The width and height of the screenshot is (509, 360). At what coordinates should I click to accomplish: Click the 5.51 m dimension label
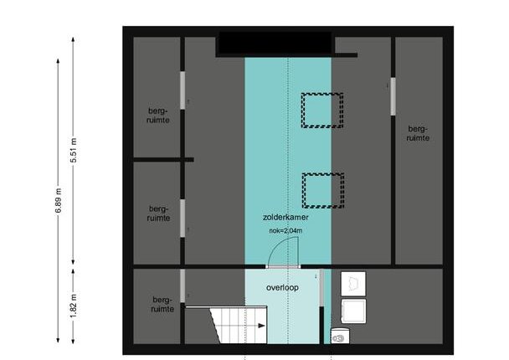click(x=74, y=151)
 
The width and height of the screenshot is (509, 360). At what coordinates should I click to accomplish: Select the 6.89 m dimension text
click(x=58, y=201)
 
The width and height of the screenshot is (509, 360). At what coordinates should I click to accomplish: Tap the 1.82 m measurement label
click(x=74, y=306)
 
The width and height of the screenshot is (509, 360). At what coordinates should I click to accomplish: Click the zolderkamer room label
click(x=285, y=217)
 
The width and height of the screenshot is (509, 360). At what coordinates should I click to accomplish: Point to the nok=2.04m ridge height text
click(x=285, y=231)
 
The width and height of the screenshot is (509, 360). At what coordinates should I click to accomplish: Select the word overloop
click(x=282, y=288)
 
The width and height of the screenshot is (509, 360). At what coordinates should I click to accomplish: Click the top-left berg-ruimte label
click(x=158, y=116)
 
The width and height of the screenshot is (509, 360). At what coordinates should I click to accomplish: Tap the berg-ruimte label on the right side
click(x=418, y=133)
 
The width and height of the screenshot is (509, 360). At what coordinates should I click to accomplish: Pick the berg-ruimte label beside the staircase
click(x=162, y=305)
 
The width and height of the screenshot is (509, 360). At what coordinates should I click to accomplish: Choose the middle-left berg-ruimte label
click(x=158, y=213)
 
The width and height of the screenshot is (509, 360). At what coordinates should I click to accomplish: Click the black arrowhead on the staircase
click(x=261, y=326)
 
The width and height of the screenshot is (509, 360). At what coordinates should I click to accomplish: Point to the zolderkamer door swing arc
click(x=276, y=246)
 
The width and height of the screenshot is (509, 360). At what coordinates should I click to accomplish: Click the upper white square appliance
click(x=353, y=284)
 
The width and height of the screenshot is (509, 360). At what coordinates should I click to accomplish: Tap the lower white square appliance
click(x=353, y=311)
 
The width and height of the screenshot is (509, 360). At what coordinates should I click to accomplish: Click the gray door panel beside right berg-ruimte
click(x=393, y=96)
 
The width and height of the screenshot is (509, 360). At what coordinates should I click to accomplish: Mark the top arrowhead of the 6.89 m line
click(x=58, y=61)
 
